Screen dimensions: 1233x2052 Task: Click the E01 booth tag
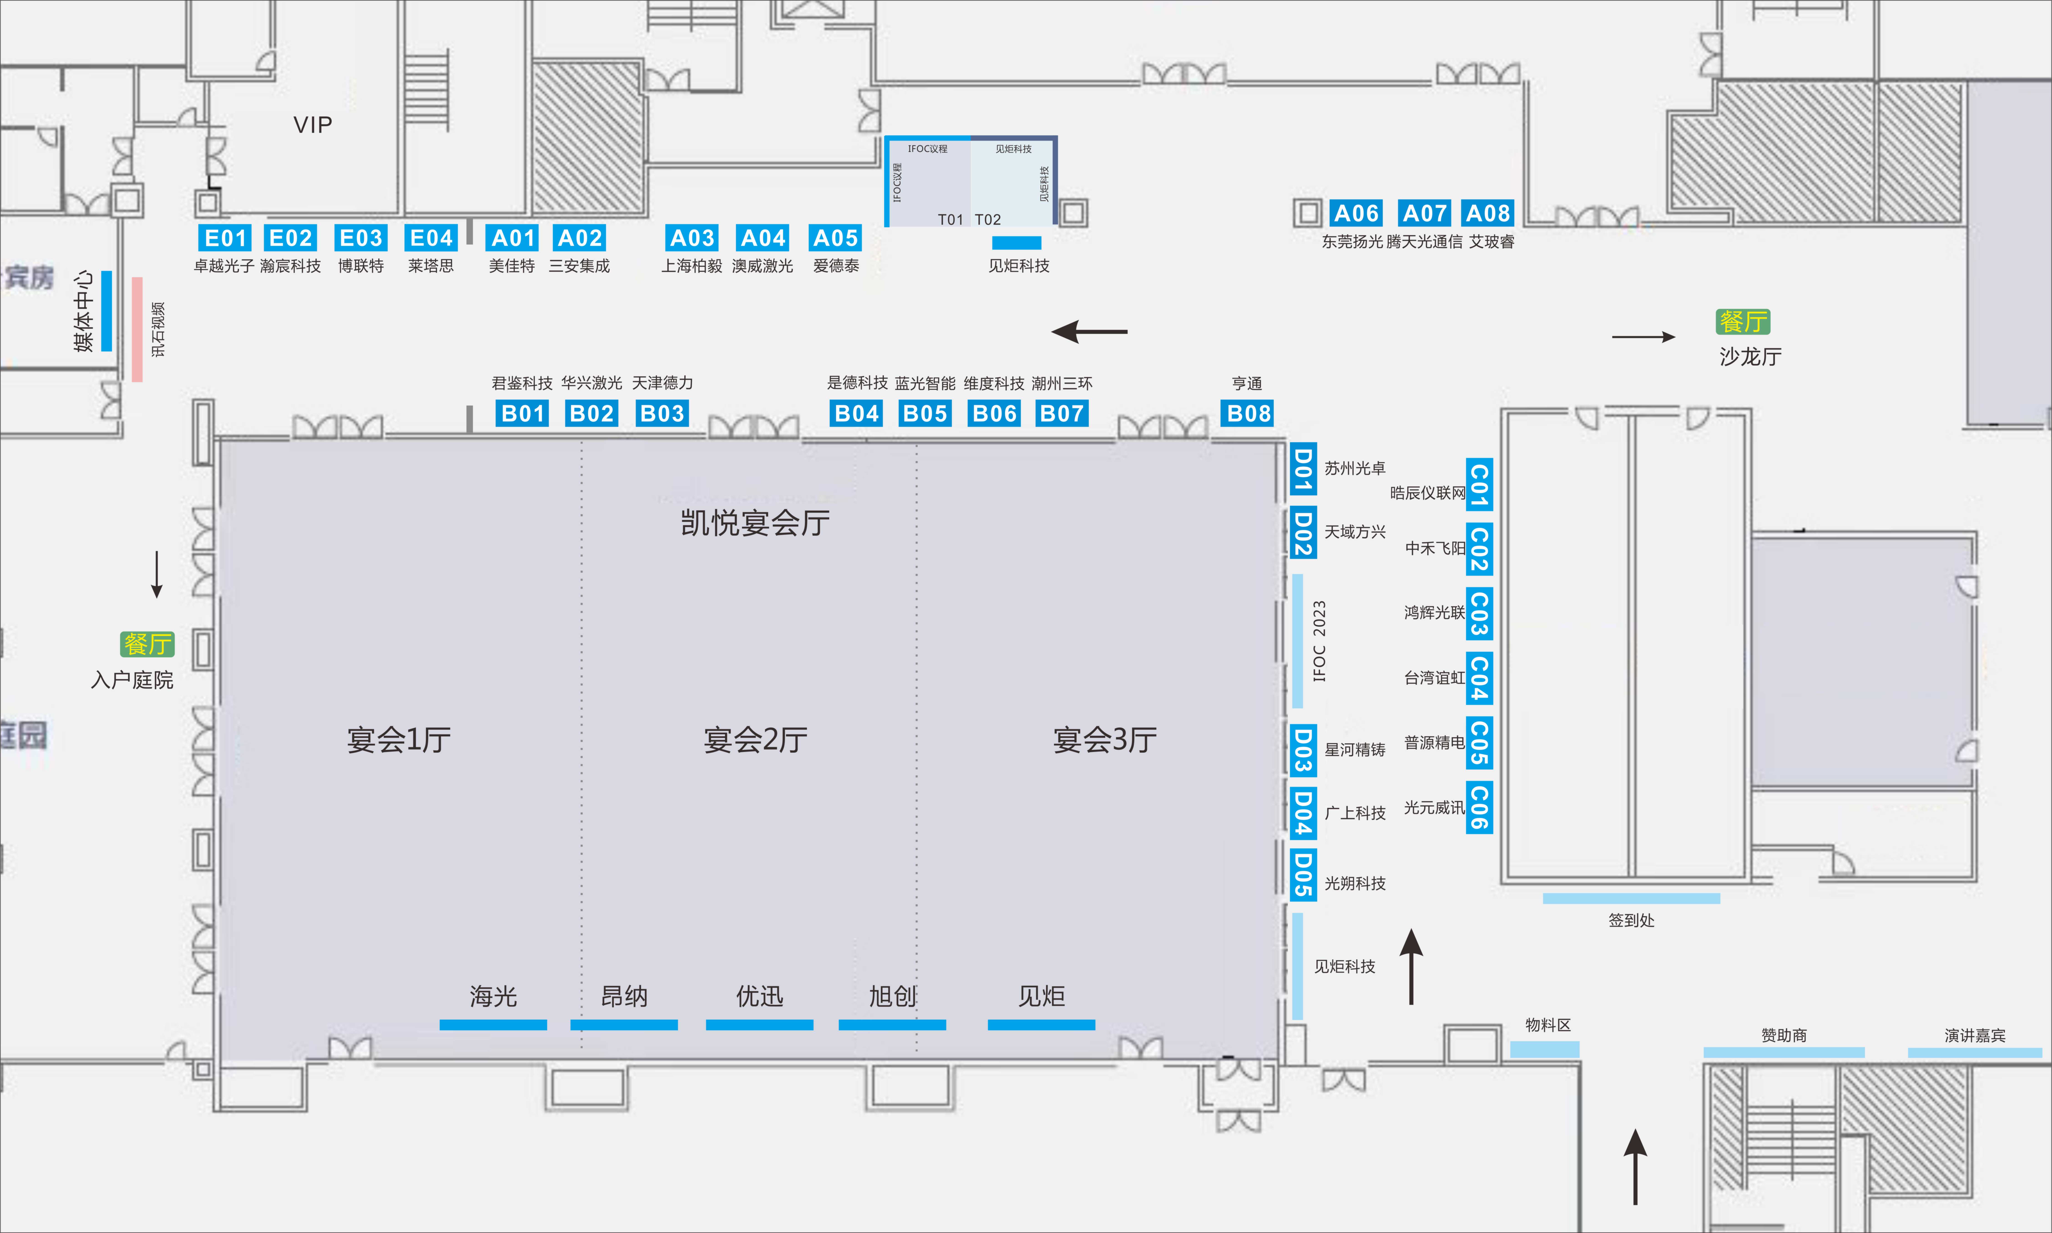point(225,238)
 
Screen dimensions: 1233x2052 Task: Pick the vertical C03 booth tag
point(1479,613)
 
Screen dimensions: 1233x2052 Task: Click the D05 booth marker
point(1303,875)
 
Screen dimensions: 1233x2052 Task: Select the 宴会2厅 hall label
point(755,739)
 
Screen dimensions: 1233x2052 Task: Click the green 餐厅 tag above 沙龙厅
point(1743,322)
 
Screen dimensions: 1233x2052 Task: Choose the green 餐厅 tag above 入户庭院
point(148,644)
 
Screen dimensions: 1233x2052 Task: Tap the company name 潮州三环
point(1062,383)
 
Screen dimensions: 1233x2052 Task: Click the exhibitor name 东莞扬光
point(1352,242)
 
